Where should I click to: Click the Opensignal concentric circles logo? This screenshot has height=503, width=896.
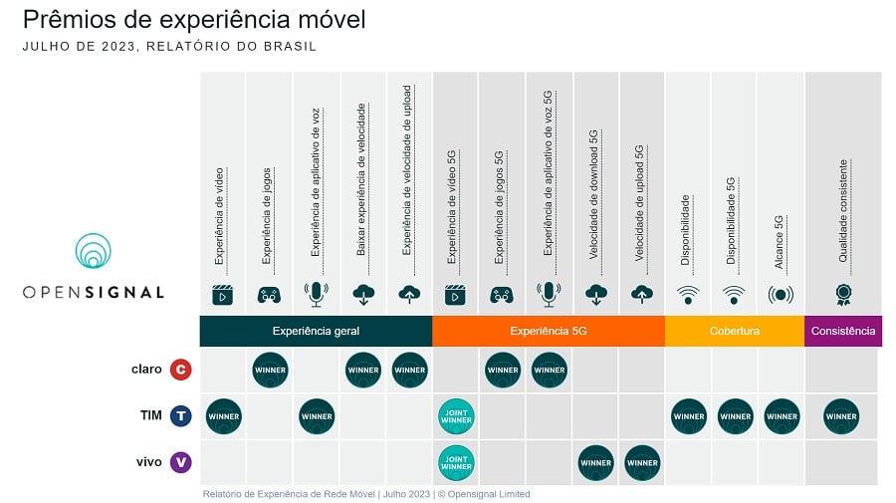(94, 252)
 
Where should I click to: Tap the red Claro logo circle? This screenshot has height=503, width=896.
(181, 371)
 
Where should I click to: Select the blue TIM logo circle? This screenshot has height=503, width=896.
(181, 416)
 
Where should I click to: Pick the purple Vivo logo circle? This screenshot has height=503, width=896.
(181, 462)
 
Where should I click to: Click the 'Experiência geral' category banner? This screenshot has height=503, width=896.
(316, 331)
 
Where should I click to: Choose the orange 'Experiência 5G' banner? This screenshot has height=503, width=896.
(549, 331)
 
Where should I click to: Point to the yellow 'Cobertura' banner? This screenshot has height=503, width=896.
(735, 331)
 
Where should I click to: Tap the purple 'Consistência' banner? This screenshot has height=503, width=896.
(843, 331)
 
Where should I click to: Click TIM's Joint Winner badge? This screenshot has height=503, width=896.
(456, 416)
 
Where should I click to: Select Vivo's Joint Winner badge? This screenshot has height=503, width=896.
(456, 462)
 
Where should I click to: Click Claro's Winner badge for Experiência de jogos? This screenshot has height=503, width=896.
(270, 371)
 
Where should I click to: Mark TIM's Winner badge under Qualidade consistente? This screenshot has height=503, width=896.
(841, 416)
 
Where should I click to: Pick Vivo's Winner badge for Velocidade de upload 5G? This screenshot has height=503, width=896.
(642, 462)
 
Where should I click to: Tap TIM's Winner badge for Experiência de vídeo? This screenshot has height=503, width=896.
(223, 416)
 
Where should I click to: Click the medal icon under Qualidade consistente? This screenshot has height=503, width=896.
(843, 294)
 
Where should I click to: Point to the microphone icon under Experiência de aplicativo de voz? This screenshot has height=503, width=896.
(317, 294)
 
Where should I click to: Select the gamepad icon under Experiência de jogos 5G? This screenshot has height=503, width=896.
(501, 294)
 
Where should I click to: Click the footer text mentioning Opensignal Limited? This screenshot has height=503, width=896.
(366, 494)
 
